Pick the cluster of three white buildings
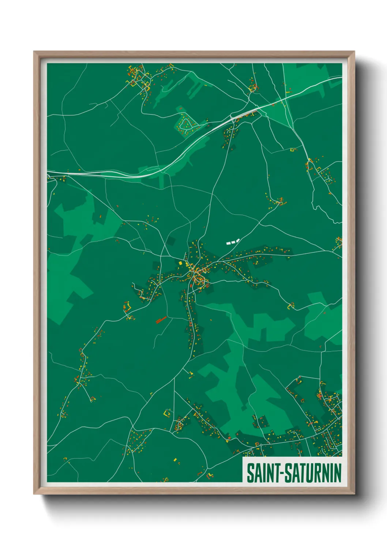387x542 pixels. click(232, 242)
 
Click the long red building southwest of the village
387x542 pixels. click(161, 320)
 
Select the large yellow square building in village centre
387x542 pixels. click(181, 263)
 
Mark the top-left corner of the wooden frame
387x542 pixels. click(34, 52)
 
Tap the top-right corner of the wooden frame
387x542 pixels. click(354, 52)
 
